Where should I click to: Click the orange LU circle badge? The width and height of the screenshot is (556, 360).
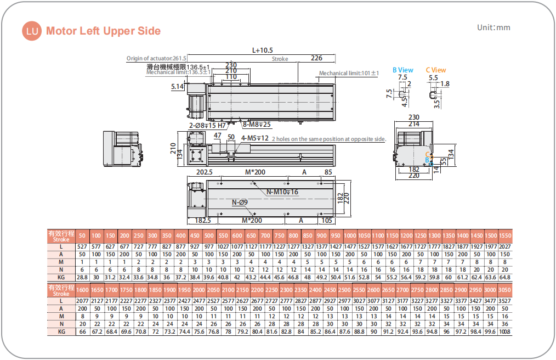(32, 31)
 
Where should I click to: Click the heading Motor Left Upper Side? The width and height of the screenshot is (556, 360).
(103, 31)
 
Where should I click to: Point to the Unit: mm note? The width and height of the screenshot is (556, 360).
(493, 27)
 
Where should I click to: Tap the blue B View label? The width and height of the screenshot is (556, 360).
(402, 70)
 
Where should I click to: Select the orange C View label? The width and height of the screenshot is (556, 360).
(436, 70)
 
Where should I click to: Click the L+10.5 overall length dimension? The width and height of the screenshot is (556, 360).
(263, 50)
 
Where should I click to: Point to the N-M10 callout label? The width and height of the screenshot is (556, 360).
(282, 192)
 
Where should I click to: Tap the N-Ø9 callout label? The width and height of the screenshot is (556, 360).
(240, 203)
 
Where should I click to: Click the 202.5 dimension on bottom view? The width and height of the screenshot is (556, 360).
(205, 172)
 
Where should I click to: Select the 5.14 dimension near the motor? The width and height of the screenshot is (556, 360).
(177, 86)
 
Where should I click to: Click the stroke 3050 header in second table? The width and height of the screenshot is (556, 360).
(505, 290)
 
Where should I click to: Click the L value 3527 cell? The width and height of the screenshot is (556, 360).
(505, 301)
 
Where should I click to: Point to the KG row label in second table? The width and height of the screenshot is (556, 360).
(61, 332)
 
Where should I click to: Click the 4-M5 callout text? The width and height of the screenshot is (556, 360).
(255, 138)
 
